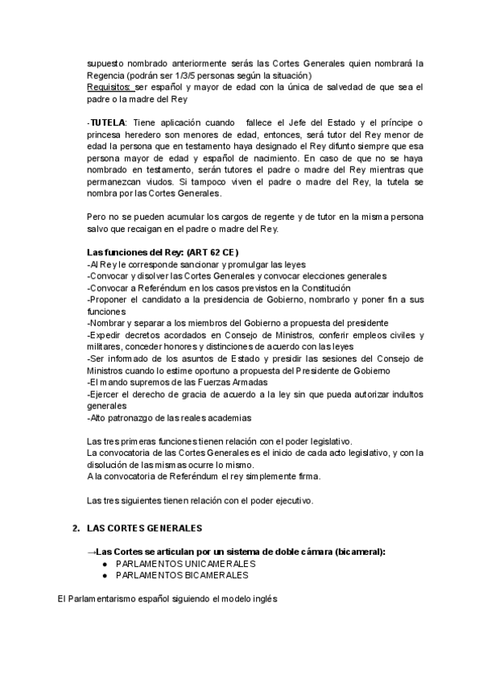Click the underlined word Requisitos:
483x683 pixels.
coord(109,86)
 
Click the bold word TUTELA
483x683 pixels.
coord(106,121)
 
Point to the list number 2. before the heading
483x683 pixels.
coord(76,528)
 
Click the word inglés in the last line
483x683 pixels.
coord(261,600)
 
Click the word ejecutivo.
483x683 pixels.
coord(291,500)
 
